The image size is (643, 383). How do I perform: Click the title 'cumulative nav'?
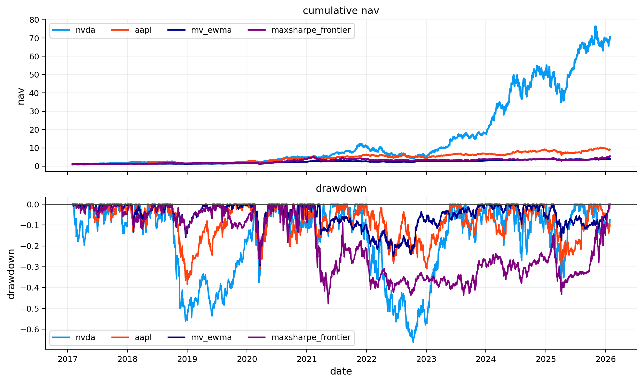click(341, 11)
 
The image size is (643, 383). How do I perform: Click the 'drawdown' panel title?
click(341, 189)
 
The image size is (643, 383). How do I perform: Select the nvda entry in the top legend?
click(85, 30)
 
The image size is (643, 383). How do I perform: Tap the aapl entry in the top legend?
click(143, 30)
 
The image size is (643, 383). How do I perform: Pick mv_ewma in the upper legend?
click(211, 30)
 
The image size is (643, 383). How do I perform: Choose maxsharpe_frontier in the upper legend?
click(311, 30)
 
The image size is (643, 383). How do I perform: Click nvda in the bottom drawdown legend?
click(85, 338)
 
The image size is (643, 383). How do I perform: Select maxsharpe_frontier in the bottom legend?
click(311, 338)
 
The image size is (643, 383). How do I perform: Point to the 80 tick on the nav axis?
click(34, 20)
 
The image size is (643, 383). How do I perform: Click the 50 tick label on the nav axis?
click(34, 75)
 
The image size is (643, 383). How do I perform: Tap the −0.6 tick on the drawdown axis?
click(30, 329)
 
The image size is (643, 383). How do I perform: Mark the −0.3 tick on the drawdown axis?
click(30, 267)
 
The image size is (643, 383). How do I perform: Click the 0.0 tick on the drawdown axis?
click(32, 204)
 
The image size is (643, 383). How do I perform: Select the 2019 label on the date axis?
click(187, 359)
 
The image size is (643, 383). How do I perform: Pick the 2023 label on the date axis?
click(426, 359)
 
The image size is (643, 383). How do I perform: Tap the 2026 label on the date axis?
click(605, 359)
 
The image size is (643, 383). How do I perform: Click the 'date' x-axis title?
click(341, 371)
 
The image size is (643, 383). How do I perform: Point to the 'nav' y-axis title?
click(21, 96)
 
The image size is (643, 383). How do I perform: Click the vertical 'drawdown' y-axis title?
click(11, 274)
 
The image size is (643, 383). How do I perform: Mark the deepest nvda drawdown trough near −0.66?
click(413, 342)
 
